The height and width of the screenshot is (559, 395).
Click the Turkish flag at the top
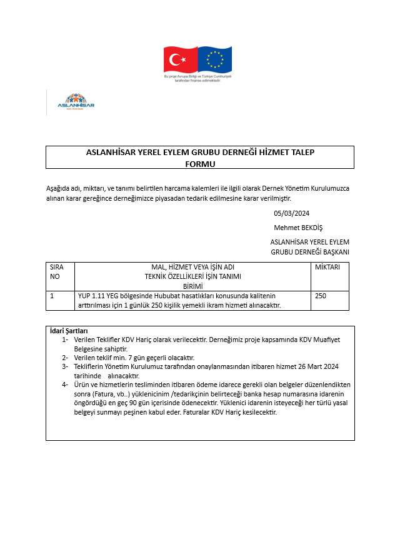[x=181, y=59]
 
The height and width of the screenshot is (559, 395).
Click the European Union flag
[x=214, y=59]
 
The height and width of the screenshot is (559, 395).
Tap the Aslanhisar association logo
[x=79, y=102]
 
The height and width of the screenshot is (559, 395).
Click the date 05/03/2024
[x=291, y=213]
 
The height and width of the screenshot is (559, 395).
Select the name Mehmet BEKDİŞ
[x=298, y=228]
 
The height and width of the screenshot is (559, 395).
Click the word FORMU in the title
[x=200, y=163]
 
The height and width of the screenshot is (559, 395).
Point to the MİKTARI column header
[x=327, y=266]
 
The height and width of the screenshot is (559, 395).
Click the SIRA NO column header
[x=56, y=271]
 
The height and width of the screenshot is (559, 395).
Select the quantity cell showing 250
[x=321, y=295]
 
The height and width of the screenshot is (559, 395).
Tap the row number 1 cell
[x=52, y=295]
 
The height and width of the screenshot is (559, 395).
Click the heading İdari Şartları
[x=68, y=331]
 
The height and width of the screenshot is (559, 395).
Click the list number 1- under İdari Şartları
[x=65, y=340]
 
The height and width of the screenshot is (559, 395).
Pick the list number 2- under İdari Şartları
[x=65, y=358]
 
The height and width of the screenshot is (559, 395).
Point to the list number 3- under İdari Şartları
[x=65, y=366]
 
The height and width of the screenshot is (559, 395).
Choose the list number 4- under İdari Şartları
[x=65, y=385]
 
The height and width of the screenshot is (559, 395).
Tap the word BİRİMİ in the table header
[x=192, y=285]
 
